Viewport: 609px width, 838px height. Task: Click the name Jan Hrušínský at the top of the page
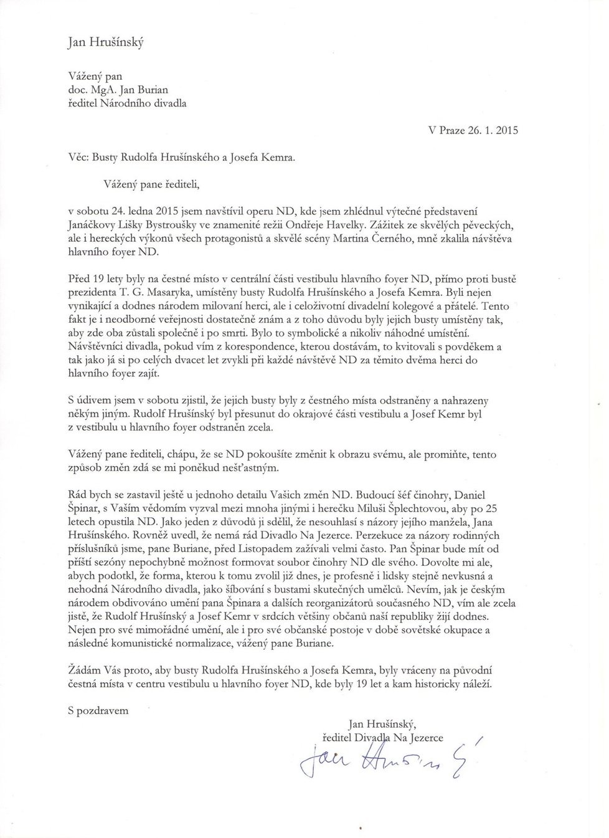(x=106, y=42)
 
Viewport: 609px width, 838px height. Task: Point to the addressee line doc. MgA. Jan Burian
(x=118, y=90)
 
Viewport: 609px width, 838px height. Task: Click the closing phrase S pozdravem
(x=98, y=710)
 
